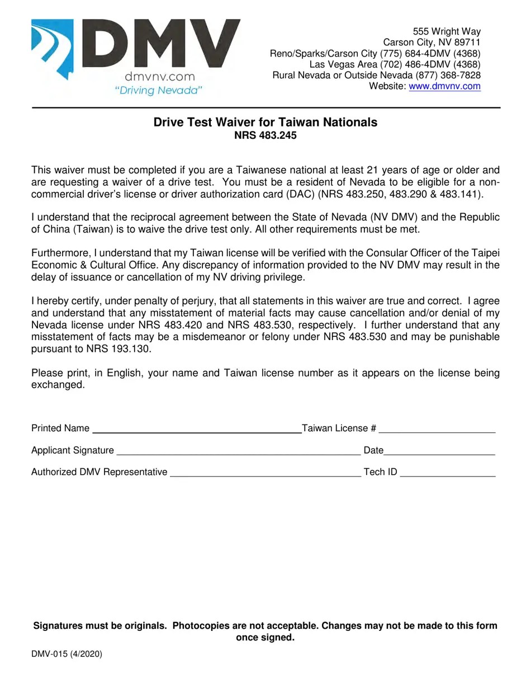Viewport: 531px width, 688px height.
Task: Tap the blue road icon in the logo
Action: click(x=53, y=48)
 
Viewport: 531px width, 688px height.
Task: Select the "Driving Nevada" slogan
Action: click(x=158, y=90)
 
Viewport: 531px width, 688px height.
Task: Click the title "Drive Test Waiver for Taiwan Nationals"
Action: click(x=265, y=122)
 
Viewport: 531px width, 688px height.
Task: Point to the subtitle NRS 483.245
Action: click(x=265, y=135)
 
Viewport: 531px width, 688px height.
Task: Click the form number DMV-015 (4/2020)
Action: click(x=67, y=653)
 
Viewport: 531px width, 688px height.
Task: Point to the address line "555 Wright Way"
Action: click(x=447, y=31)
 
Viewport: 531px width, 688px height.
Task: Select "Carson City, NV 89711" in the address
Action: click(x=432, y=43)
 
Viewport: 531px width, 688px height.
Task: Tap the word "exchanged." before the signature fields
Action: click(x=58, y=385)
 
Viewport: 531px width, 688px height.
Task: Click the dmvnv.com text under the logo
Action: click(x=159, y=77)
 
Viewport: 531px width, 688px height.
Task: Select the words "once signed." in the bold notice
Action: click(x=265, y=638)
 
